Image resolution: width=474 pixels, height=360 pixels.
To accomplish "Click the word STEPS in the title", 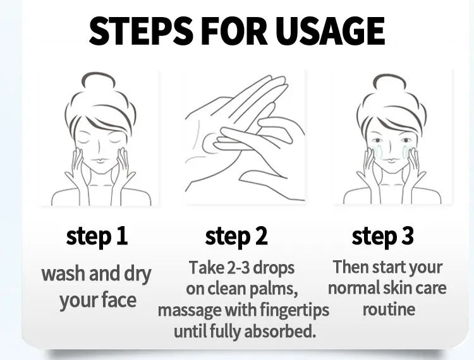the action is pos(140,31).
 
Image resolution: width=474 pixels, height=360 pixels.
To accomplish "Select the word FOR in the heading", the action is pos(234,31).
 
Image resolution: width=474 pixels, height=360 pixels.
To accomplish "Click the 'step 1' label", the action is pos(97,236).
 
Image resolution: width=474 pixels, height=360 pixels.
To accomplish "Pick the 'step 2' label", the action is pos(236,236).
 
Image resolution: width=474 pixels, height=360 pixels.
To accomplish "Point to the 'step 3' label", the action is pos(382,236).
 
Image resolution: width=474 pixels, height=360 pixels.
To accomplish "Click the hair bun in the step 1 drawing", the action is pos(99,81).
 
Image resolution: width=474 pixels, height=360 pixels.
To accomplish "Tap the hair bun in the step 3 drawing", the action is pos(389,82).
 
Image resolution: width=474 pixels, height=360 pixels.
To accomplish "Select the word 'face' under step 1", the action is pos(119,300).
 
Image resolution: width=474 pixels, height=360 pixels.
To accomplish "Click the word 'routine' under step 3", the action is pos(389,309).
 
